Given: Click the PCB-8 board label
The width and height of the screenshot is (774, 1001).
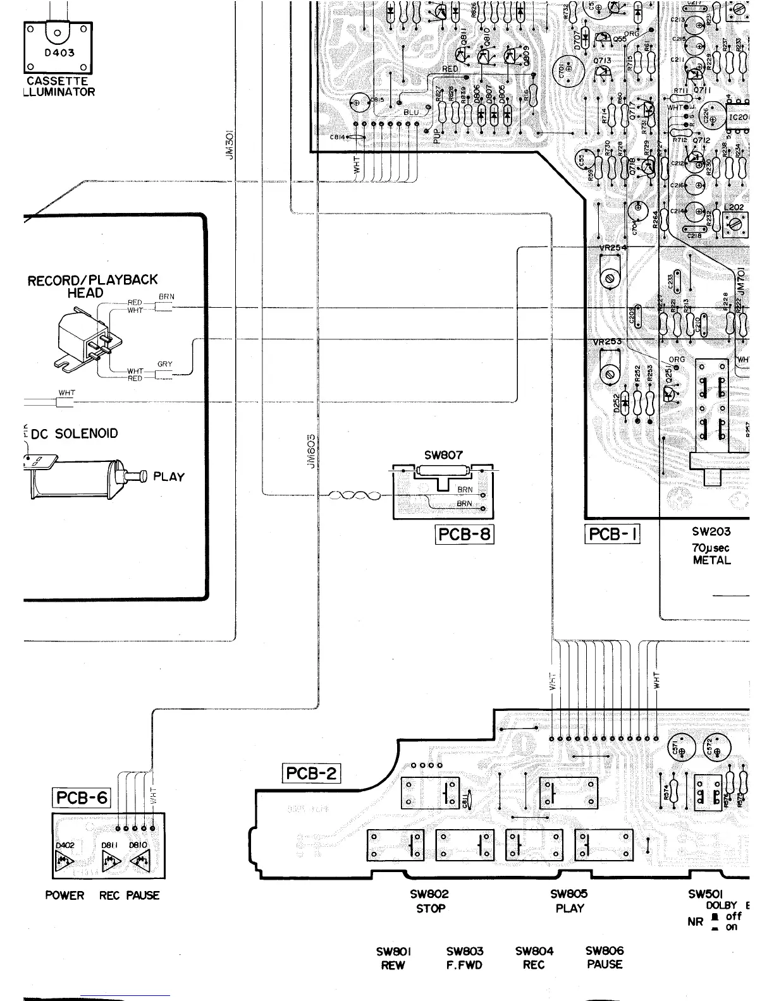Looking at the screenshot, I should point(465,534).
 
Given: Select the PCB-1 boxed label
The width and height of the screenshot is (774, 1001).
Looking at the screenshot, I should point(612,534).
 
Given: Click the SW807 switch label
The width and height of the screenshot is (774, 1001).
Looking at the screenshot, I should point(443,454).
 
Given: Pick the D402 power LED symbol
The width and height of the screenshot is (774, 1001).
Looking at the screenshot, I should point(65,860).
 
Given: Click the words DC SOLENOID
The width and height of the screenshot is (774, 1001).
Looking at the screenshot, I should point(75,434).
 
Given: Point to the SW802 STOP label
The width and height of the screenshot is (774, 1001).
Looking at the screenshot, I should point(430,901).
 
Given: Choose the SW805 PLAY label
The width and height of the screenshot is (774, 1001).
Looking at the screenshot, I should point(569,901).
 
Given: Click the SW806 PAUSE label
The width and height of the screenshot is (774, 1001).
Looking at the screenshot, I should point(605,957).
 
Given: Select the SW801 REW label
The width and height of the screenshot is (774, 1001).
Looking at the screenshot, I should point(393,958).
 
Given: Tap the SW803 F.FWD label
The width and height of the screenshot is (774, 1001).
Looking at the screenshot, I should point(464,958).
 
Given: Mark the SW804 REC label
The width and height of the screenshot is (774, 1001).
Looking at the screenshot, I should point(534,958).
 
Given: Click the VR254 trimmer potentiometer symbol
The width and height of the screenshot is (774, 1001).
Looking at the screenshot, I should point(609,279).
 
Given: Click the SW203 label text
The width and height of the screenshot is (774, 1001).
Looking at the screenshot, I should point(711,532).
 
